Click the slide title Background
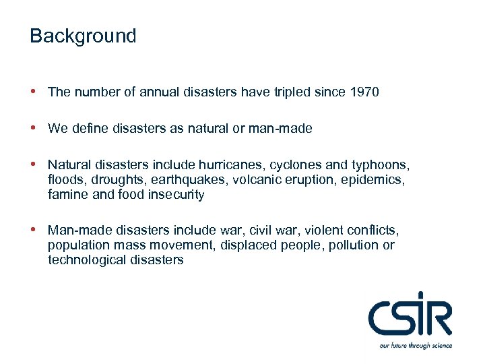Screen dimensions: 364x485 (x=83, y=36)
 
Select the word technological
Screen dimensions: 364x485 (x=85, y=260)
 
